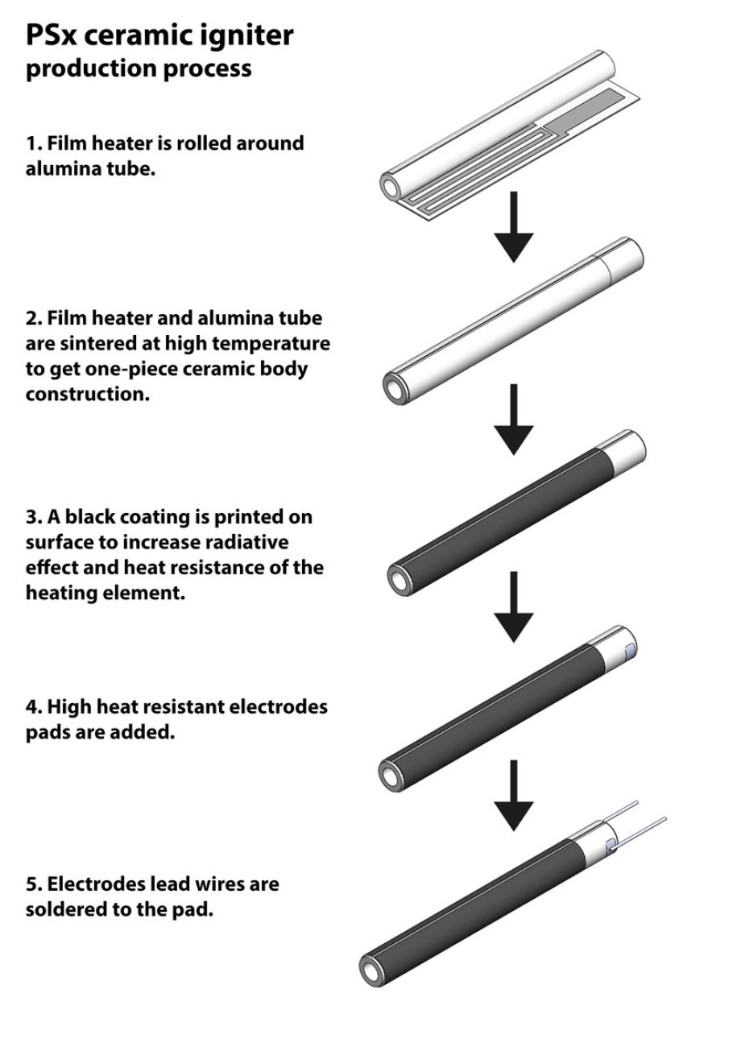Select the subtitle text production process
coord(138,69)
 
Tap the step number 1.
coord(31,143)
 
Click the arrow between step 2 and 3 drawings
coord(512,420)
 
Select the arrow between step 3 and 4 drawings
coord(512,608)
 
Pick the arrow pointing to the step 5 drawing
coord(512,797)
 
